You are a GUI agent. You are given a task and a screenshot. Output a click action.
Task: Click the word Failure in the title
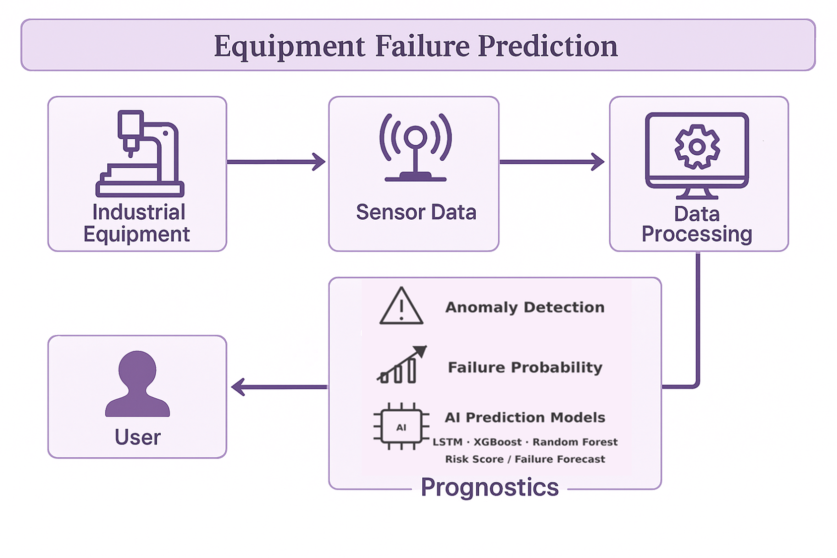(x=422, y=46)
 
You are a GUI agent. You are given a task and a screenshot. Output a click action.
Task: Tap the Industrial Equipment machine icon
(x=140, y=153)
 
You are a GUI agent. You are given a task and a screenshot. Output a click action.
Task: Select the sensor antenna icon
(x=415, y=147)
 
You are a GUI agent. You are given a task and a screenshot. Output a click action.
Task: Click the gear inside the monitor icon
(x=697, y=146)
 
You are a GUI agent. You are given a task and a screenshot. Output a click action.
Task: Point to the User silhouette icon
(x=137, y=383)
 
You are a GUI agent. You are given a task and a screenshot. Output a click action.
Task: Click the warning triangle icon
(x=401, y=306)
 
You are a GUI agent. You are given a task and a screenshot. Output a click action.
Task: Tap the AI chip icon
(x=401, y=426)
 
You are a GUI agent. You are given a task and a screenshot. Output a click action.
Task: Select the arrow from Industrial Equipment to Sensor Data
(x=276, y=162)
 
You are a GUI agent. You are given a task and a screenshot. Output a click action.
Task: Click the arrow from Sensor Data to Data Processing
(x=552, y=162)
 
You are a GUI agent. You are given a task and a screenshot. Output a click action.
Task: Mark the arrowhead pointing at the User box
(x=238, y=387)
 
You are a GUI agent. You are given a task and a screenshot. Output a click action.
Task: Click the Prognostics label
(x=490, y=488)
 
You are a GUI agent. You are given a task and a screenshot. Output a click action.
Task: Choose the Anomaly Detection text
(x=524, y=308)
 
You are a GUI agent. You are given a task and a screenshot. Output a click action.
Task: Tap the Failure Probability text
(x=525, y=368)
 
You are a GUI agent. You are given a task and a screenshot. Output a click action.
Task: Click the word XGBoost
(x=497, y=442)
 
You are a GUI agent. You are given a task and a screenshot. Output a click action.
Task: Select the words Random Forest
(x=575, y=442)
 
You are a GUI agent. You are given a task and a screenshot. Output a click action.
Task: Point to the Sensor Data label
(x=416, y=212)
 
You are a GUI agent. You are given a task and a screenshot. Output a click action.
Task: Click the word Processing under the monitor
(x=697, y=235)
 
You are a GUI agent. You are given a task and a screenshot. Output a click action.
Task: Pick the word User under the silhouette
(x=137, y=437)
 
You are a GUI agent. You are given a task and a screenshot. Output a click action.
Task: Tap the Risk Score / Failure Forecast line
(x=525, y=459)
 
